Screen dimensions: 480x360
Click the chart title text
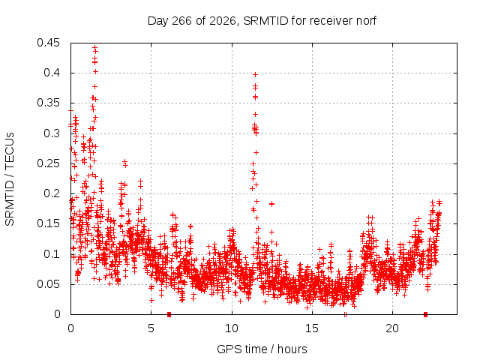(262, 21)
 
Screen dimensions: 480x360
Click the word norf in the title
(366, 21)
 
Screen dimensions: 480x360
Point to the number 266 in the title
(181, 21)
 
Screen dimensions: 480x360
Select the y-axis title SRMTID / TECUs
(10, 179)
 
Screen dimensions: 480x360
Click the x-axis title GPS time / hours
(262, 349)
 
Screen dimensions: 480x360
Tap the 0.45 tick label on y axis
(48, 43)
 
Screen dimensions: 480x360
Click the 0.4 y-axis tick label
(52, 73)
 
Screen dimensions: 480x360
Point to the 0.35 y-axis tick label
(48, 103)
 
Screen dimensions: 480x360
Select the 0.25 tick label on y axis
(48, 163)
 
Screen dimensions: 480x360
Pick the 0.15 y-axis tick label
(48, 223)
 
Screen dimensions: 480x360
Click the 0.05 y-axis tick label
(48, 284)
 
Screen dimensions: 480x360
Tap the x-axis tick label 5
(151, 328)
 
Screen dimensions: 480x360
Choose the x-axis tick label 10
(232, 328)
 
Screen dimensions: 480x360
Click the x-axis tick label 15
(312, 328)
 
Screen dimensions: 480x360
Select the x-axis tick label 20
(392, 328)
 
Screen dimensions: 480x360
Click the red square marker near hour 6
(169, 314)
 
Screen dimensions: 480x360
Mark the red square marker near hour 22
(425, 314)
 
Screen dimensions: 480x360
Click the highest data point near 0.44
(95, 48)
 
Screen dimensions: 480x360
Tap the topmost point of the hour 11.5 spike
(256, 75)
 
